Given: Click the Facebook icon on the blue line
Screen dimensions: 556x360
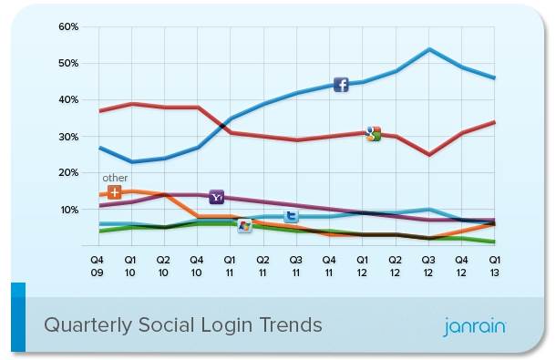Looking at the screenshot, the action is click(341, 85).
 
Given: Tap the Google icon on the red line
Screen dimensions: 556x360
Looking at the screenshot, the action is click(374, 134).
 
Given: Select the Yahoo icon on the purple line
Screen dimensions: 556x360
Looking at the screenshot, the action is click(216, 197).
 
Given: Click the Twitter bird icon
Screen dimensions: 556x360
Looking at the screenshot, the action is click(291, 216).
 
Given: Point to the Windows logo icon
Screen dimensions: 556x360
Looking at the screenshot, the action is click(244, 226).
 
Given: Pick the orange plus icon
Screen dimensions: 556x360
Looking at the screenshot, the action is click(114, 192).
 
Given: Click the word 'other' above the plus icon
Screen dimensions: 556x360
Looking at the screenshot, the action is click(115, 178).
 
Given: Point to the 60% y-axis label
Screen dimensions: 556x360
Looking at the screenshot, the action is click(68, 27).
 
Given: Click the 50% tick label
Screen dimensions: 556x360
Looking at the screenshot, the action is click(68, 64).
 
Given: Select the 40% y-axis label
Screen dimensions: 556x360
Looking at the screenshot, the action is click(68, 100).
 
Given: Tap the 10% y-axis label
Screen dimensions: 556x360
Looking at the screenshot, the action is click(69, 210).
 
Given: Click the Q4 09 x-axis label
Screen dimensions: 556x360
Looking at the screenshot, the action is click(97, 266).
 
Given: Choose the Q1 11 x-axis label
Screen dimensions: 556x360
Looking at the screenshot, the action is click(230, 266).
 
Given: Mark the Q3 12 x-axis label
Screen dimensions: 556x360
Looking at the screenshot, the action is click(428, 266).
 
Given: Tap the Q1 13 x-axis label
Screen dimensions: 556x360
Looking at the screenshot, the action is click(495, 266).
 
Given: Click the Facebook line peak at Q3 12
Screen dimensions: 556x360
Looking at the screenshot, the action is click(429, 49).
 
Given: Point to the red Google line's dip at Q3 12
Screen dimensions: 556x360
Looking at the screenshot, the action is click(429, 155).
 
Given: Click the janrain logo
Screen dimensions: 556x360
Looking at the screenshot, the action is click(475, 326).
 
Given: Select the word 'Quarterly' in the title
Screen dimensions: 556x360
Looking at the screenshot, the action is click(88, 325).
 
